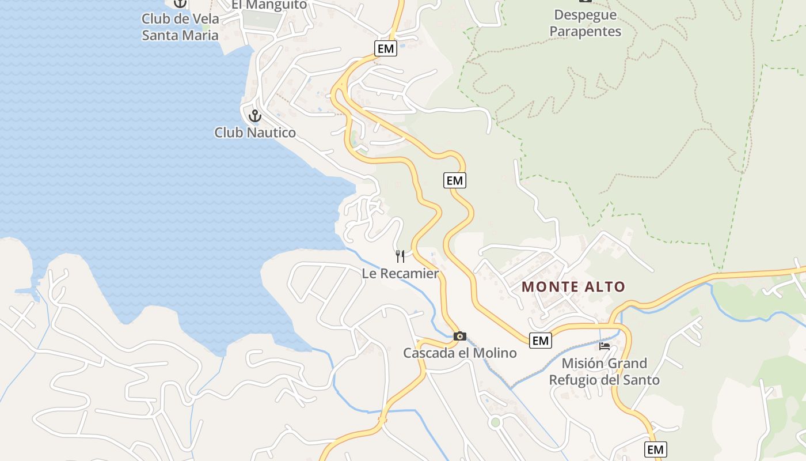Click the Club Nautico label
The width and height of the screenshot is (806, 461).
(255, 133)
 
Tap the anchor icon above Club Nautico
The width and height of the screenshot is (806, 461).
(254, 116)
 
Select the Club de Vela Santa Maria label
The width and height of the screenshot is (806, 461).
(180, 27)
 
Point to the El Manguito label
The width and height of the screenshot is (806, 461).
(269, 5)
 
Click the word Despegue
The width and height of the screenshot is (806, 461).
(585, 15)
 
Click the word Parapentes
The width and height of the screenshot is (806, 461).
(585, 31)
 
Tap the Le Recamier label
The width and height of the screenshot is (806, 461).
(400, 273)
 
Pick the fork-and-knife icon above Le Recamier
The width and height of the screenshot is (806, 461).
(400, 256)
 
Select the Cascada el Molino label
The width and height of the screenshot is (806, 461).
(459, 353)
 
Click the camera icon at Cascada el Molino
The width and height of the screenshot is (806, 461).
(459, 336)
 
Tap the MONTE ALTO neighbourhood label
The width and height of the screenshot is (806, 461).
(573, 286)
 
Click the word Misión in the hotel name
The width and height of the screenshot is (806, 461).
(582, 364)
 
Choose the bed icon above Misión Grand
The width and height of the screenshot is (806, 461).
(604, 346)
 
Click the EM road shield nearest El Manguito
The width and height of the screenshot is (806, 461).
(385, 49)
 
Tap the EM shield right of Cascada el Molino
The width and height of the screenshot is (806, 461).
(540, 341)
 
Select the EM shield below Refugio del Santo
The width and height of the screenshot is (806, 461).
(655, 449)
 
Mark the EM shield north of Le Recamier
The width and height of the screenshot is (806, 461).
(454, 180)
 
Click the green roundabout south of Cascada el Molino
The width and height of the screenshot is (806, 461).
(495, 423)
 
